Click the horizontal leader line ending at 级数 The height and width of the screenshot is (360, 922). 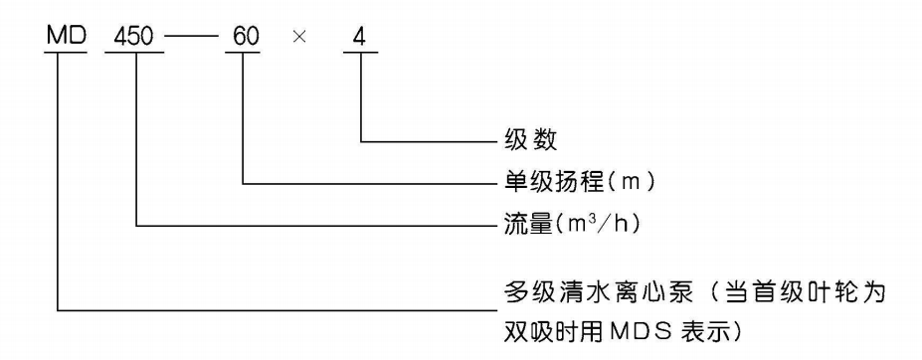point(428,141)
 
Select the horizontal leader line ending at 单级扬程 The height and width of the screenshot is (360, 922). point(368,183)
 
